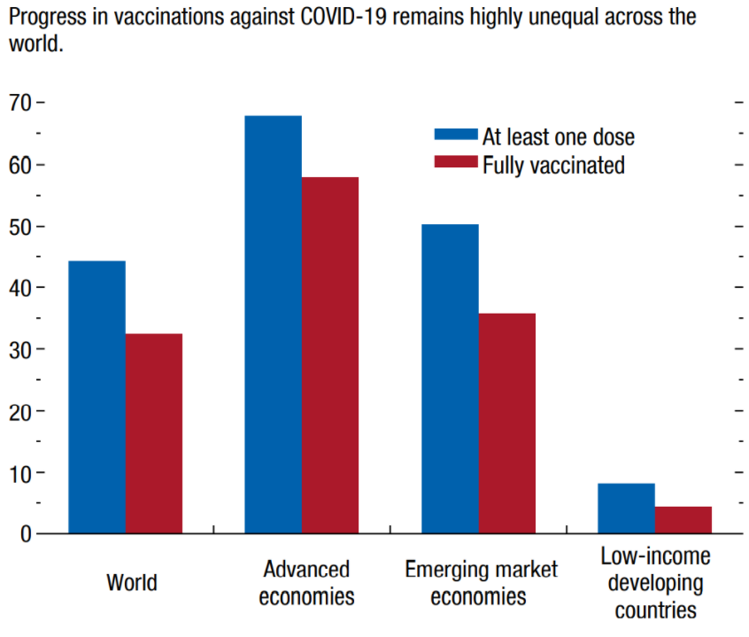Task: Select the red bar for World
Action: (153, 433)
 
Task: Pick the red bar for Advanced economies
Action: (329, 355)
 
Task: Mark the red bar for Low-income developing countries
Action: (683, 520)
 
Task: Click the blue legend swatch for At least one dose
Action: (456, 135)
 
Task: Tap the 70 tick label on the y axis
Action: (21, 103)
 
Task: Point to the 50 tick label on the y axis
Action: (21, 227)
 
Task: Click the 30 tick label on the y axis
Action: (21, 350)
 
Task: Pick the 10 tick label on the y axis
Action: (21, 473)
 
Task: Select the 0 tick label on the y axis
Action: (27, 534)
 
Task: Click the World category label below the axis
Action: (131, 583)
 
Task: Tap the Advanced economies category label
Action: (306, 582)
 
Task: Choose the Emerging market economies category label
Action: (481, 582)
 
